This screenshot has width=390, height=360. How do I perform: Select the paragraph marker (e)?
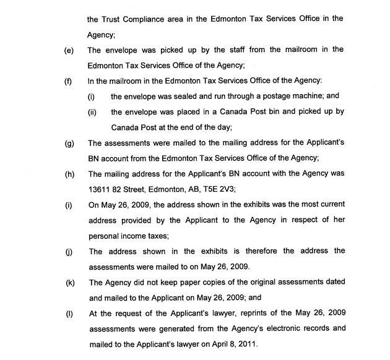coord(69,49)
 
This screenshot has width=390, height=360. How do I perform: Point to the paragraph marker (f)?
coord(68,80)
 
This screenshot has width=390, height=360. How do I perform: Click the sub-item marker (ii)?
coord(92,111)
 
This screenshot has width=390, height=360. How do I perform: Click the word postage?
coord(275,96)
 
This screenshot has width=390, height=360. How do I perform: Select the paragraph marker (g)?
coord(69,143)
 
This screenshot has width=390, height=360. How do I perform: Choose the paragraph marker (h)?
coord(69,174)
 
